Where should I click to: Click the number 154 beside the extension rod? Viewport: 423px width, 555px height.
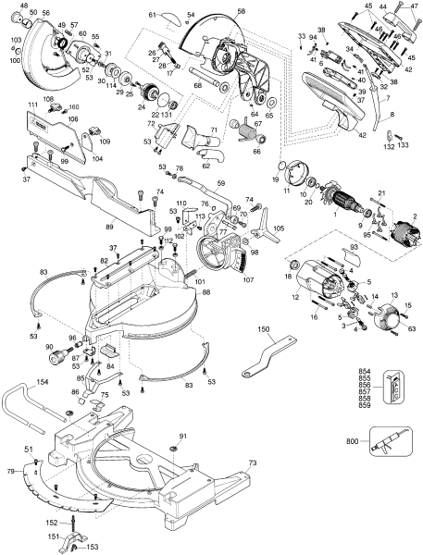click(43, 381)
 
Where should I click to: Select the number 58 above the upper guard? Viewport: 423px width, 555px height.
click(241, 12)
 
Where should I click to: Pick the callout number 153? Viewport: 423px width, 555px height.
click(92, 546)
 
